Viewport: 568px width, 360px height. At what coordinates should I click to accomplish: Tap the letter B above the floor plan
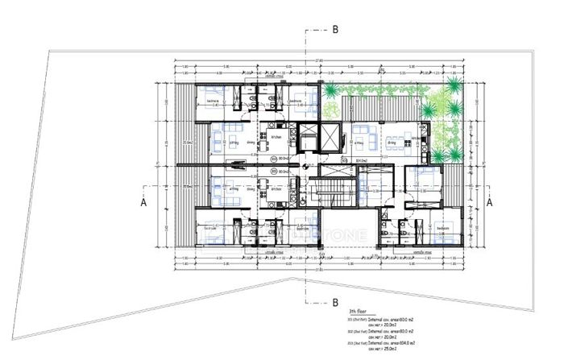(335, 29)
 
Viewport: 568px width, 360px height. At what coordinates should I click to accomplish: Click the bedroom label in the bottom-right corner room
(442, 228)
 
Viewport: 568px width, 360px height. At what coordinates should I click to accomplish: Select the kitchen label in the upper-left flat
(276, 138)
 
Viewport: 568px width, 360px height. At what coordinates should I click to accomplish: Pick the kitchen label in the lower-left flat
(276, 190)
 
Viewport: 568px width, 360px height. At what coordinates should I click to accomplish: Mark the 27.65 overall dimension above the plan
(320, 60)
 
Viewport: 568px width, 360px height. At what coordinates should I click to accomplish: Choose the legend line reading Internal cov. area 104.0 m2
(385, 343)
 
